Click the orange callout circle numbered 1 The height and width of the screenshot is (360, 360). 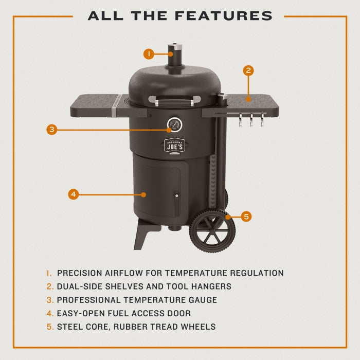[149, 53]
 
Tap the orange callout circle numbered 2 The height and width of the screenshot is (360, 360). [248, 71]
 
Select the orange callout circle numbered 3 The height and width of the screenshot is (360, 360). [51, 130]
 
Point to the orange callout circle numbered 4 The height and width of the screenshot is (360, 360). [74, 194]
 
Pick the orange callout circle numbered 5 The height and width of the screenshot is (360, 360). [246, 217]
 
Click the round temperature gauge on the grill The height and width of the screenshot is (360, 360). [173, 124]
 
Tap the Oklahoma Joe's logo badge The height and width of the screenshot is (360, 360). [173, 146]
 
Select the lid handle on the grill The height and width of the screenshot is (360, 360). [173, 101]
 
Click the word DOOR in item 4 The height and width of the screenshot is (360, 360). [179, 313]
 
